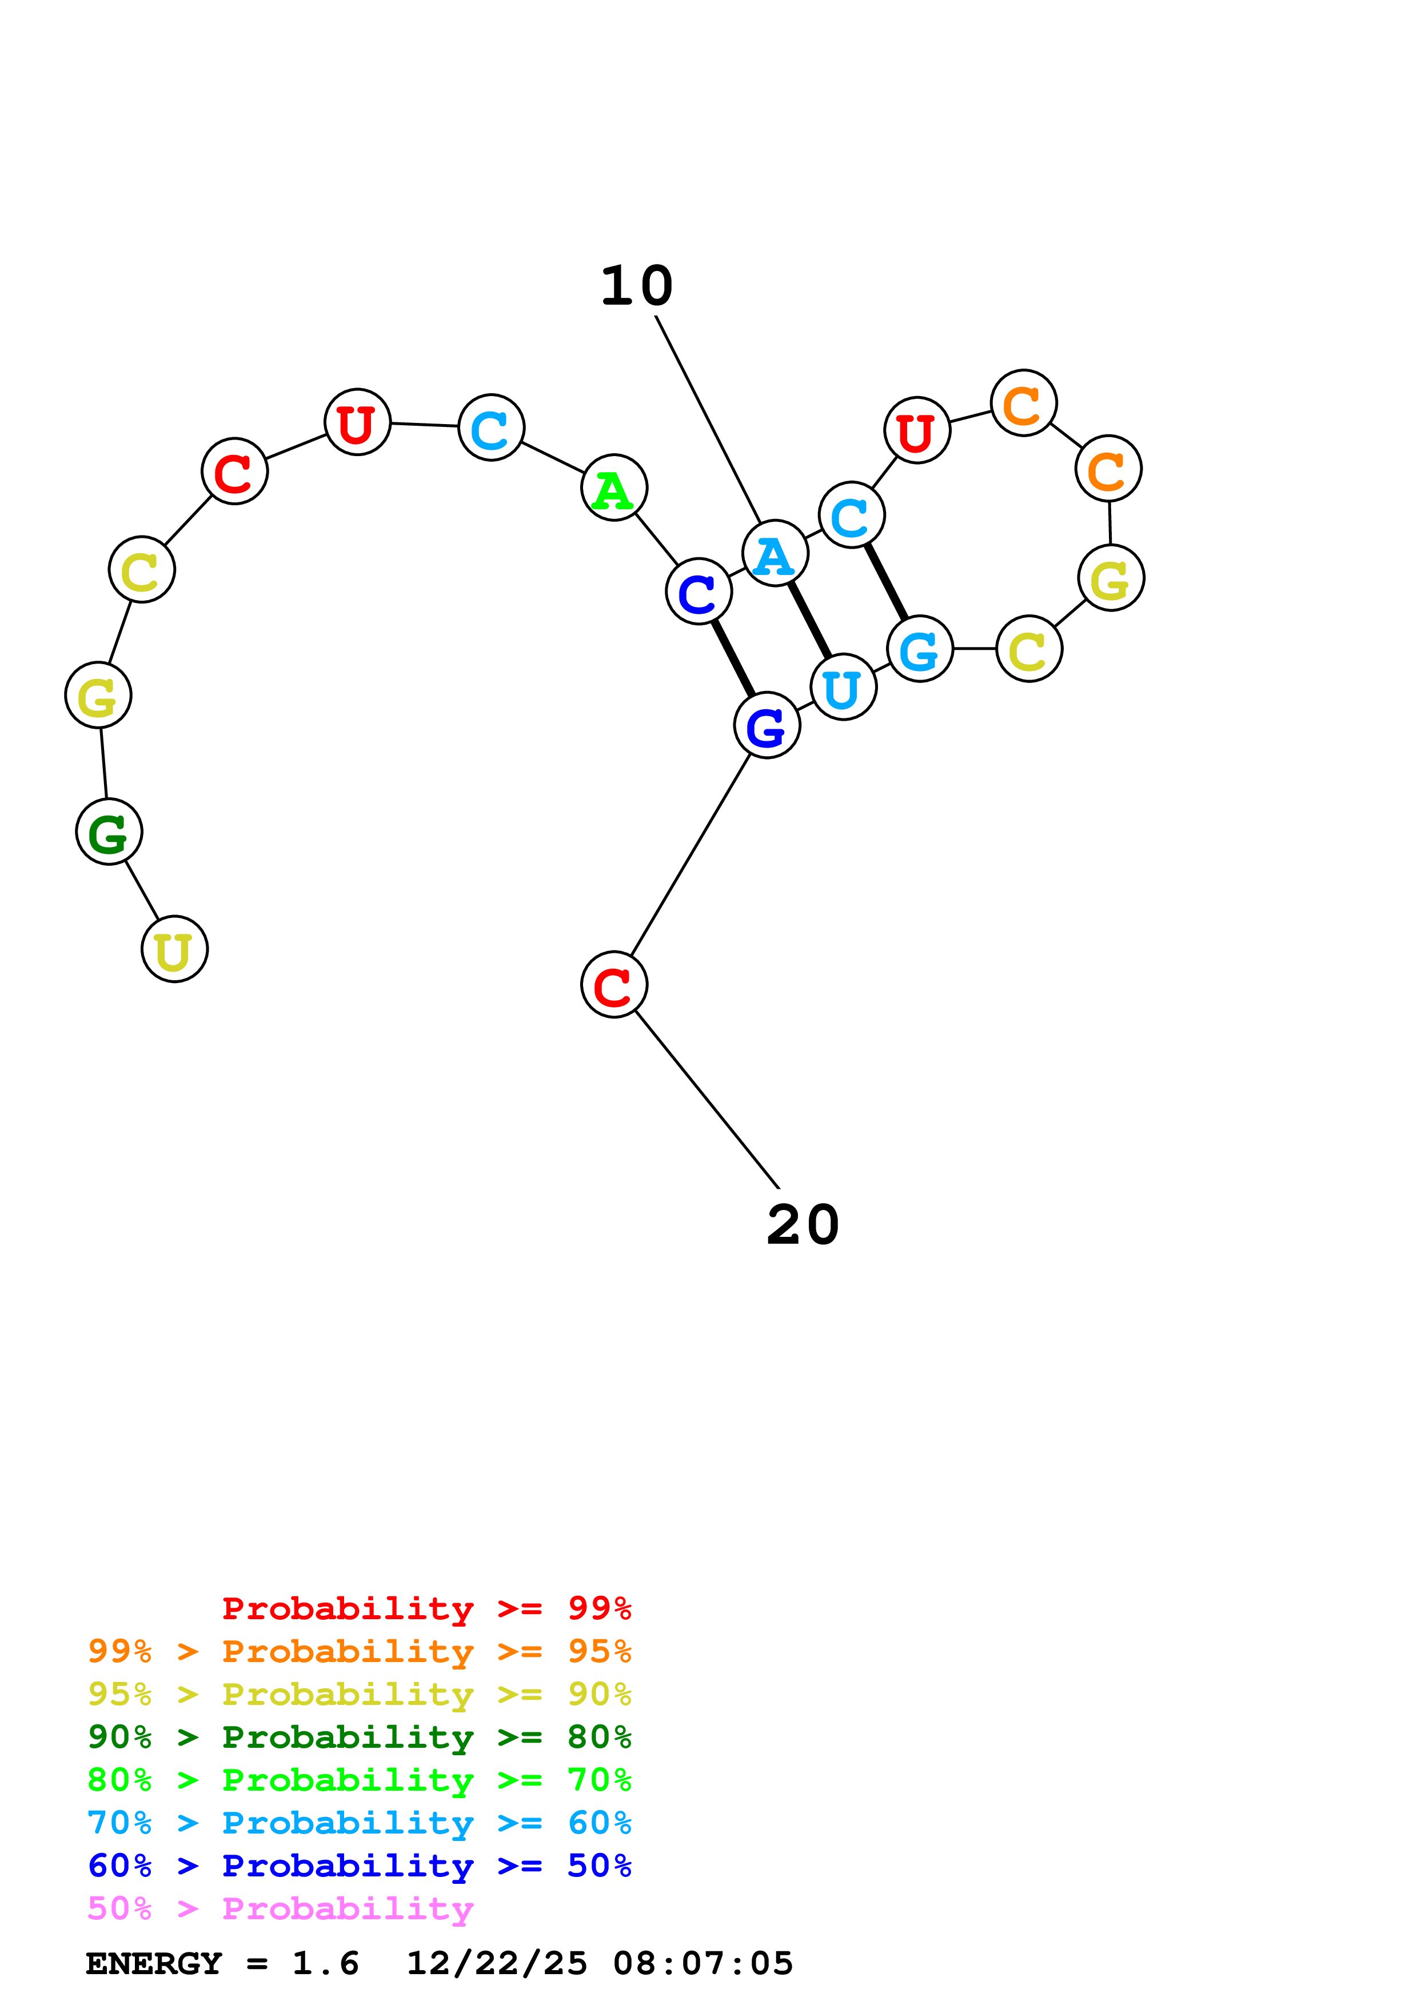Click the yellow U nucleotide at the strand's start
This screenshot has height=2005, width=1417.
tap(174, 949)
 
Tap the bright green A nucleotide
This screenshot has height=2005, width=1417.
tap(614, 488)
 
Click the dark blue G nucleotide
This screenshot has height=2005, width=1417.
tap(767, 726)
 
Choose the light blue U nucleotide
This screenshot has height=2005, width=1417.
tap(843, 687)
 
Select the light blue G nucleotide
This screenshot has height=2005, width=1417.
tap(919, 649)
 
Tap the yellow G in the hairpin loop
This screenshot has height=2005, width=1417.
tap(1111, 578)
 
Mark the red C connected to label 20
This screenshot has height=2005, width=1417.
tap(614, 985)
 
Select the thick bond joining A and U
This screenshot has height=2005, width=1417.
tap(809, 620)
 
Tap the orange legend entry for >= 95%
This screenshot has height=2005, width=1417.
tap(359, 1651)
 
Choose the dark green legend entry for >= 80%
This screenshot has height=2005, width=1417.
tap(359, 1737)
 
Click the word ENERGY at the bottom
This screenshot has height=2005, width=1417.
tap(154, 1964)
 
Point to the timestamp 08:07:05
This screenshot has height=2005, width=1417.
tap(703, 1964)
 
